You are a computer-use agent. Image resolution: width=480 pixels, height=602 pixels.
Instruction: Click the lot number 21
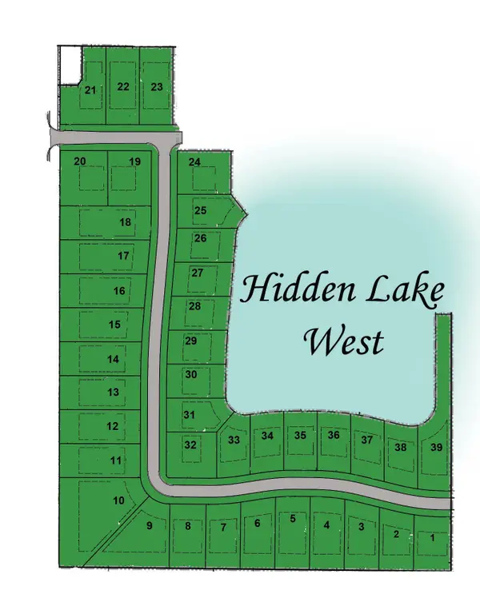click(90, 90)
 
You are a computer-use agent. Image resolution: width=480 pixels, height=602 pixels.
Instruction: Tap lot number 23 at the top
click(157, 86)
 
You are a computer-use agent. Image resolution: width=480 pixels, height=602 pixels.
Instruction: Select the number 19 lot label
click(134, 161)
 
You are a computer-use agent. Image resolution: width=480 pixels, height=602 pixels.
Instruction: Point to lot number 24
click(194, 161)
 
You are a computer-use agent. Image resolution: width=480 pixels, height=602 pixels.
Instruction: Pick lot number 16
click(119, 291)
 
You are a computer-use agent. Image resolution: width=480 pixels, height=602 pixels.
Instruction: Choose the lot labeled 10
click(118, 500)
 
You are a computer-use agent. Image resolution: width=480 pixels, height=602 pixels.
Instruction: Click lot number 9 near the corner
click(148, 525)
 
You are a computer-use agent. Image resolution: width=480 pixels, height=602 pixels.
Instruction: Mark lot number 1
click(433, 538)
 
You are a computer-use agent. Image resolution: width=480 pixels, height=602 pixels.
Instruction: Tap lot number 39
click(436, 447)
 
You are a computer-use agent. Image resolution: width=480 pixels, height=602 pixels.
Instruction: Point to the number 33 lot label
click(234, 440)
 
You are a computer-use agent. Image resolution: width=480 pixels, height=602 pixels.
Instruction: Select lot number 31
click(190, 415)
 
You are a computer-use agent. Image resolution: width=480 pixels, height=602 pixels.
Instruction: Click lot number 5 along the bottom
click(293, 519)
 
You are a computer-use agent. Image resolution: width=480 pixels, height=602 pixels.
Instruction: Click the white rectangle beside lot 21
click(71, 65)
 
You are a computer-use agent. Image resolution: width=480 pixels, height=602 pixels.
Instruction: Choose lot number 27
click(197, 273)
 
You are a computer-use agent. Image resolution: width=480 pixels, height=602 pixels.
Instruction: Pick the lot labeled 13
click(113, 392)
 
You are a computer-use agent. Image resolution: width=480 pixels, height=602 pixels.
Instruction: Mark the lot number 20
click(80, 161)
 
